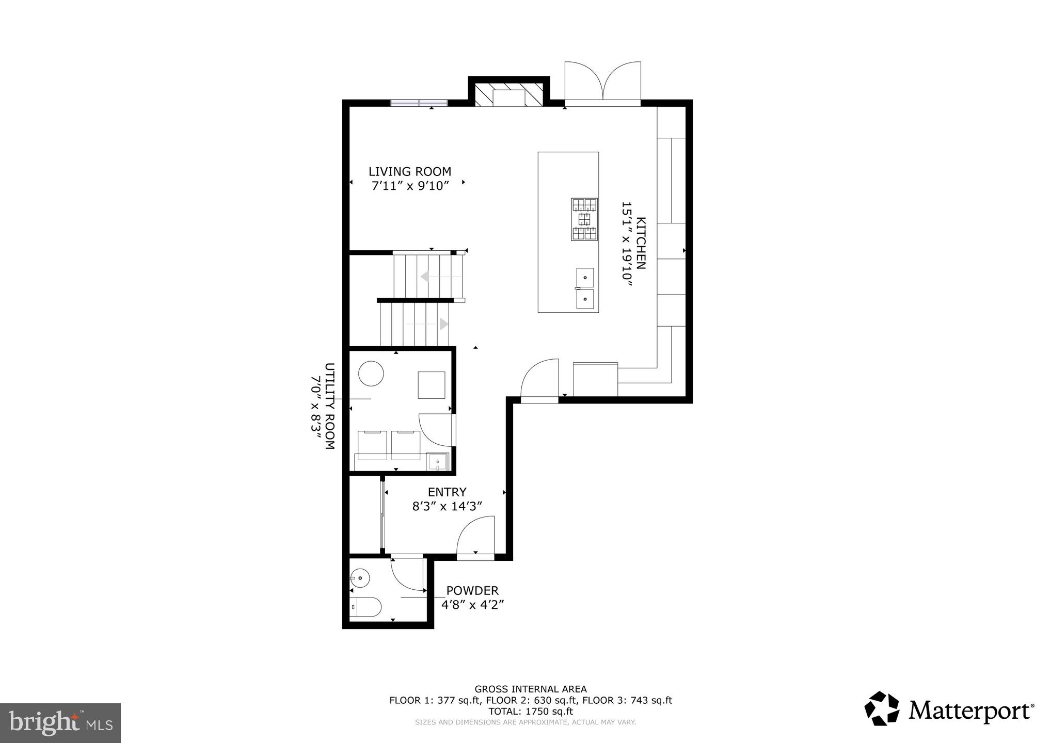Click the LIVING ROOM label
point(409,171)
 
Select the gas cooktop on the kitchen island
point(584,219)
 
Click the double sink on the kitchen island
point(585,288)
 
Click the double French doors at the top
point(603,83)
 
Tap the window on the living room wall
point(419,103)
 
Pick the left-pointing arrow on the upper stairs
point(425,277)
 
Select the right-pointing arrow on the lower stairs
point(443,324)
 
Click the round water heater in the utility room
point(371,373)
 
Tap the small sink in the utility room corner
point(438,461)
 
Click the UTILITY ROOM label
point(329,406)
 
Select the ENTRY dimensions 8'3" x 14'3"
point(447,507)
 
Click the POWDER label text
point(472,590)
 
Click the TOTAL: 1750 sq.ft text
point(530,711)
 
